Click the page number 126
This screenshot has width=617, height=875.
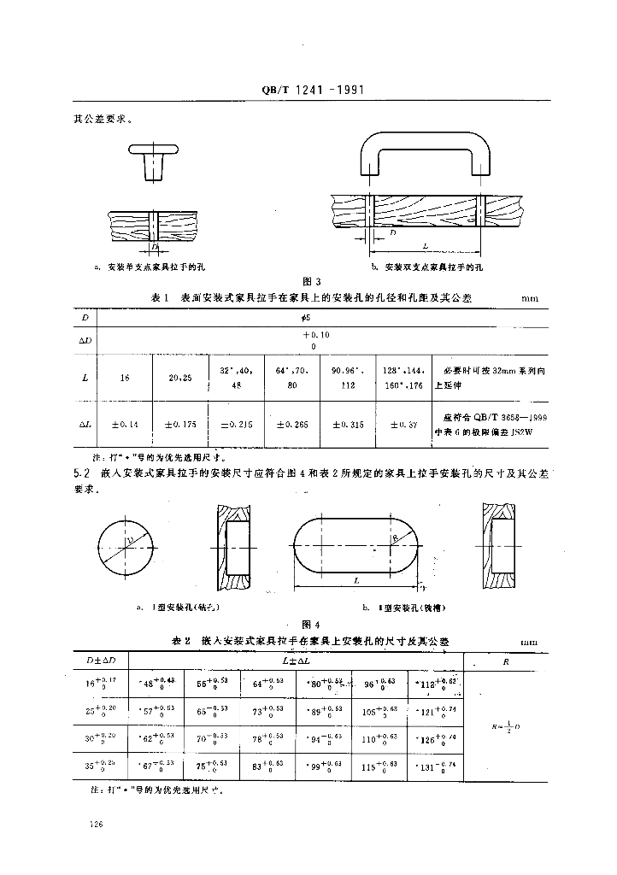point(96,824)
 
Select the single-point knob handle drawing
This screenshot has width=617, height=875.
point(155,159)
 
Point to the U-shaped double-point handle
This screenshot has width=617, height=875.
point(425,153)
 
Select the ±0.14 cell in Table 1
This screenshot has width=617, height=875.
point(125,421)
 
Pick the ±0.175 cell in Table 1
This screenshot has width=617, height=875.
point(179,421)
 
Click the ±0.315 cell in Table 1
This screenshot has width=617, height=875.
point(346,421)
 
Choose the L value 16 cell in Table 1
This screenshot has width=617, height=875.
point(125,376)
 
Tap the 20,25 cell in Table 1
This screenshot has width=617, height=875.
point(179,376)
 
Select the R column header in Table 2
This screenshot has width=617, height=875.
point(508,661)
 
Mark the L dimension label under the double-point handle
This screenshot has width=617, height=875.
point(425,245)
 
